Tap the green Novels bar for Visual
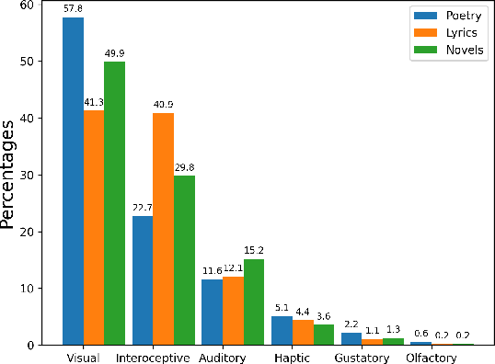tap(115, 203)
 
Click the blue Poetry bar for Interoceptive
tap(143, 280)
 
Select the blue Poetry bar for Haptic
tap(282, 330)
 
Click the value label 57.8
tap(73, 9)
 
